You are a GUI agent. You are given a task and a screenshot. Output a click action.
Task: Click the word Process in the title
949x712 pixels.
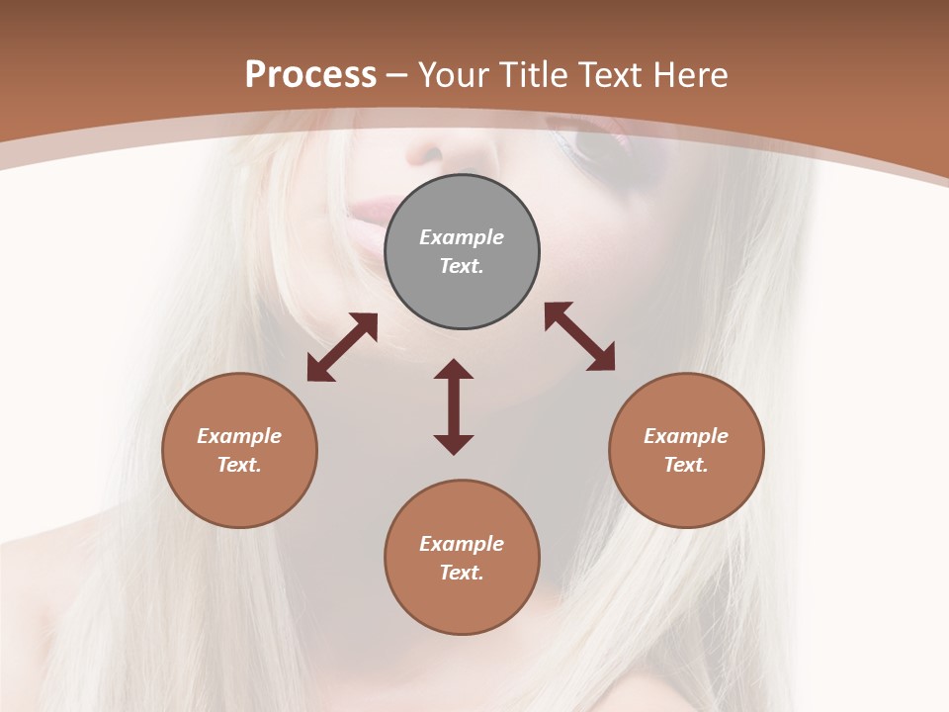(310, 75)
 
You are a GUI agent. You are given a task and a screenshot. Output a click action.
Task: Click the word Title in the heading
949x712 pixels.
(527, 75)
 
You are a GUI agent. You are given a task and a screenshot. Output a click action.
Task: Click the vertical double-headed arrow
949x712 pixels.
(454, 406)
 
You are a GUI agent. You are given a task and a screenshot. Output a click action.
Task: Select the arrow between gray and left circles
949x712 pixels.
(342, 347)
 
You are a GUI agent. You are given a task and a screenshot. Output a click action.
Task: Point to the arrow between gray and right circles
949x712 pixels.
(579, 337)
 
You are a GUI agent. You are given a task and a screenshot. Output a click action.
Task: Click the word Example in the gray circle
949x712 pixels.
(462, 237)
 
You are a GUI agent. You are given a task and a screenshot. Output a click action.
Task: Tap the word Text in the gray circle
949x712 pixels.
(462, 266)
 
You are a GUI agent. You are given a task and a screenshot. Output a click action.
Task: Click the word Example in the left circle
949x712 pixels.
(239, 436)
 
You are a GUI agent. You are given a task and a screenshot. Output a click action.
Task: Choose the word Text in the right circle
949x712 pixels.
(686, 465)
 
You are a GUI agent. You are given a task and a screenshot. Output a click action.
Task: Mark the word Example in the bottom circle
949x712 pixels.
(462, 544)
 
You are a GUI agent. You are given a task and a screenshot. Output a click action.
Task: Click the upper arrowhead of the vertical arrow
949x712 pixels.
(454, 371)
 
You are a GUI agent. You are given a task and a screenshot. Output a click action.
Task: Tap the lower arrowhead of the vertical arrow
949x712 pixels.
(454, 443)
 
